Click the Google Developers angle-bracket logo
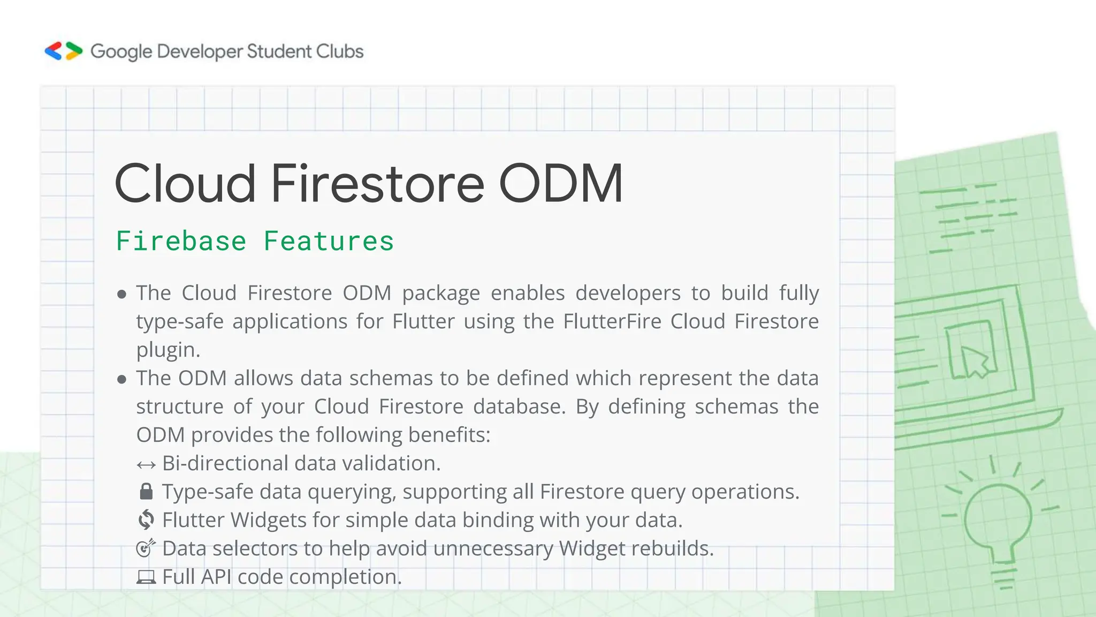click(x=63, y=51)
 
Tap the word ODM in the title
click(x=561, y=183)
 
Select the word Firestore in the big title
click(x=377, y=183)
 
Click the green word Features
click(x=329, y=241)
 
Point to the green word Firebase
click(x=181, y=241)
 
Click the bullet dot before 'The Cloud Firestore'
click(x=122, y=294)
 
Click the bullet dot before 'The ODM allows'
click(x=122, y=379)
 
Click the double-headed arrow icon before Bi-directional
click(x=146, y=464)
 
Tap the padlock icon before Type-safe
click(x=146, y=492)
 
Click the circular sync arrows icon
click(x=146, y=520)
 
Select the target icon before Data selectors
click(x=146, y=548)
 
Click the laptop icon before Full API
click(x=146, y=577)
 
